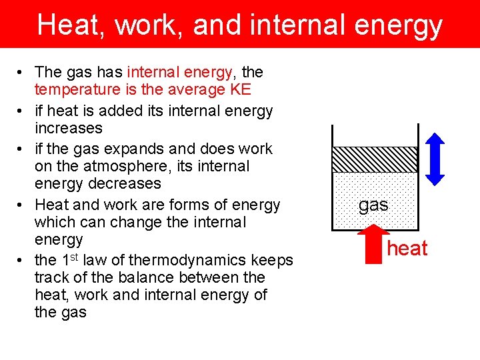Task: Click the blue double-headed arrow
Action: (435, 159)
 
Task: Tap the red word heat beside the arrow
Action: (407, 249)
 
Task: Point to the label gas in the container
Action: (373, 205)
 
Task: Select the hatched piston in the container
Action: (375, 159)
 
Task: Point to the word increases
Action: (69, 127)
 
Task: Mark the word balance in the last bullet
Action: (139, 277)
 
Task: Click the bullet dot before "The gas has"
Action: (22, 73)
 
